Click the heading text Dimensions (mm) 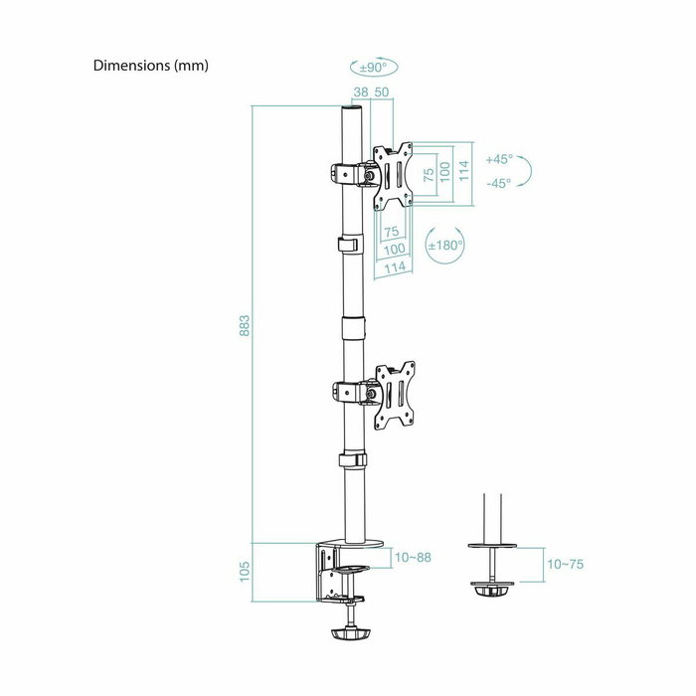pos(150,66)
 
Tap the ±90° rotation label pos(373,68)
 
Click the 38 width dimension pos(360,91)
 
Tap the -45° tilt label pos(499,183)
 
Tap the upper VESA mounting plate pos(392,175)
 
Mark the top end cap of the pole pos(351,110)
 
